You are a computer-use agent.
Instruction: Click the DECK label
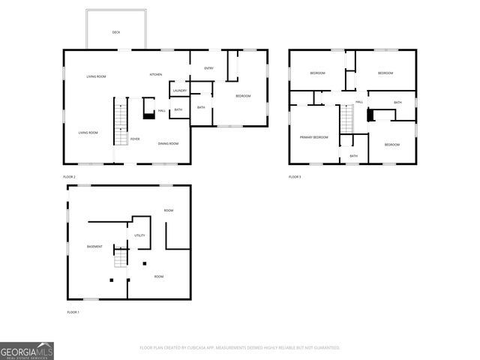click(x=116, y=32)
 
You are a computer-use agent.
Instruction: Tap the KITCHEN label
click(x=156, y=75)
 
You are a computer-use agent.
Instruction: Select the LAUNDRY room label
click(x=179, y=91)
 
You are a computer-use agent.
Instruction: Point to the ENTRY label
click(x=209, y=69)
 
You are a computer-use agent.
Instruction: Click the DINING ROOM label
click(x=168, y=143)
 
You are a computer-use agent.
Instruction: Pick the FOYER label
click(x=135, y=139)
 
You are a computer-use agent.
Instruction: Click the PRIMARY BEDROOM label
click(x=314, y=137)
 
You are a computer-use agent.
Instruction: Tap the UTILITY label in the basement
click(x=139, y=235)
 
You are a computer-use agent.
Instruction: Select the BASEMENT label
click(x=94, y=247)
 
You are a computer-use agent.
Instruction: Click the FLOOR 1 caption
click(x=73, y=311)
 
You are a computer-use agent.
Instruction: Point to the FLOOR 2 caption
click(x=69, y=177)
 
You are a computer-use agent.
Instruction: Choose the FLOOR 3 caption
click(x=295, y=177)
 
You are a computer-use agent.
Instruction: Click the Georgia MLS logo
click(x=26, y=351)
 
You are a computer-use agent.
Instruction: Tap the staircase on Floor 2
click(x=117, y=124)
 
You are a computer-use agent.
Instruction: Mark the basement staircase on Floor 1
click(x=118, y=259)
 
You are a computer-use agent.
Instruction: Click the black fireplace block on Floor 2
click(x=148, y=115)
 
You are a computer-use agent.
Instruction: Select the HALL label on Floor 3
click(x=359, y=102)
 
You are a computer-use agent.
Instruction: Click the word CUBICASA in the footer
click(x=202, y=348)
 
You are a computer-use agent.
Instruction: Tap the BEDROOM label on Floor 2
click(x=243, y=96)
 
